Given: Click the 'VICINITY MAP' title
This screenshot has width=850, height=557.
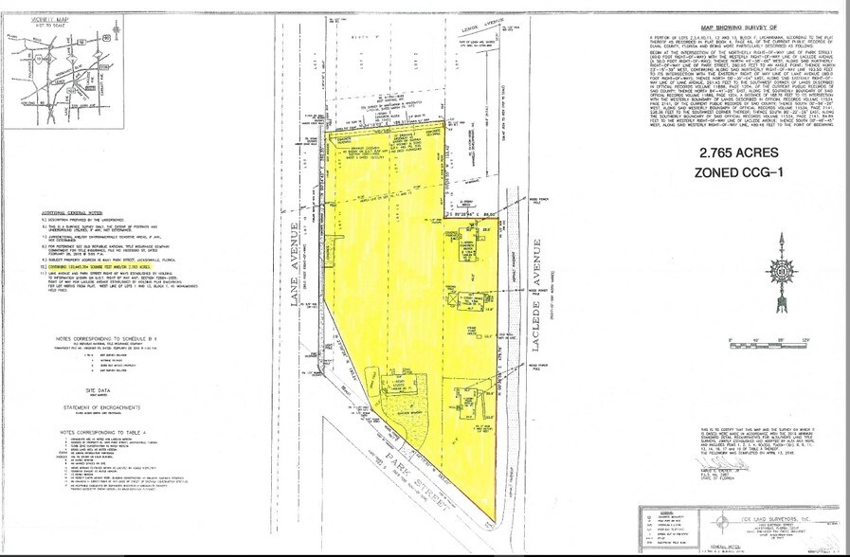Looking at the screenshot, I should (28, 20).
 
